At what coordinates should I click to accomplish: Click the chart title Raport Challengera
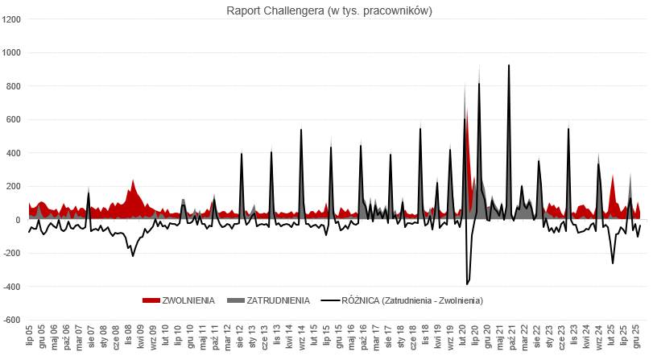325,10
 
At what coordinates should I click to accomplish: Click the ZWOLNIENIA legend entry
188,300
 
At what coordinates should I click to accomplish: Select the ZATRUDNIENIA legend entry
278,300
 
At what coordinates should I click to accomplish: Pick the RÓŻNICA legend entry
412,300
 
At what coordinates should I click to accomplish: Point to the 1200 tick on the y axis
12,19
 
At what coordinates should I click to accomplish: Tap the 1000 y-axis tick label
12,53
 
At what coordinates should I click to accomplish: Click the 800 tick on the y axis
14,86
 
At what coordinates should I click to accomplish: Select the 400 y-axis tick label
14,153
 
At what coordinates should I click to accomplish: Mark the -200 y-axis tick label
13,253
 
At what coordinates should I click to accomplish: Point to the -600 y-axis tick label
13,320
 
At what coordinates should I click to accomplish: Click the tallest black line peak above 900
509,65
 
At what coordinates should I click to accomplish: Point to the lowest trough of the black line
467,284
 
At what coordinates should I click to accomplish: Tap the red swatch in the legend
151,300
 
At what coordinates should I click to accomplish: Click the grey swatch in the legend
235,300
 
